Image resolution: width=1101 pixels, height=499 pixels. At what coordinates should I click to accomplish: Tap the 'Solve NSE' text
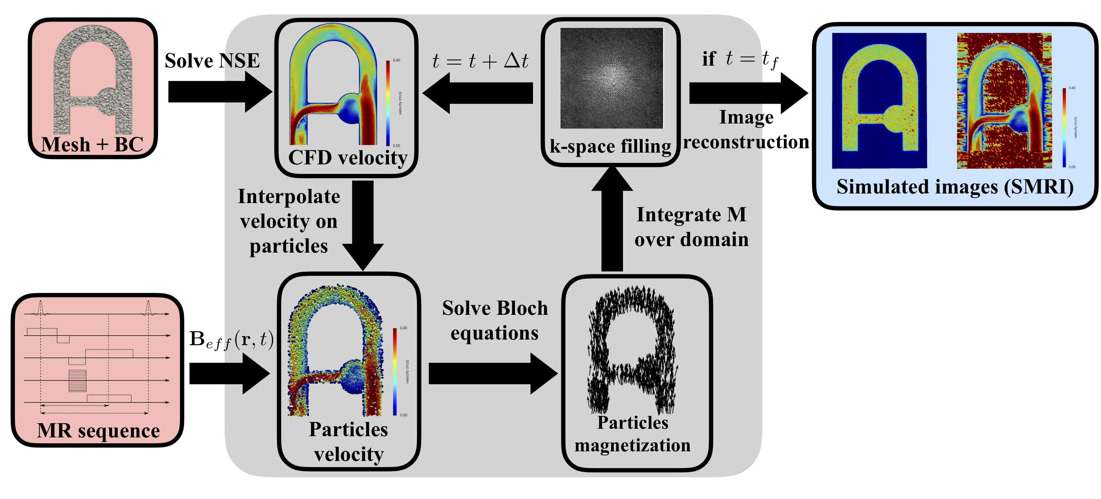click(212, 61)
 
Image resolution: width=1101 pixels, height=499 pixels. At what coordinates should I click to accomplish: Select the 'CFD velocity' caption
click(347, 158)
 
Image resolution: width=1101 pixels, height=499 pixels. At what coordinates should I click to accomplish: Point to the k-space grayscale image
click(611, 78)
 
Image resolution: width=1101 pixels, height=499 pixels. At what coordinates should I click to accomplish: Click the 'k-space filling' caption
click(610, 146)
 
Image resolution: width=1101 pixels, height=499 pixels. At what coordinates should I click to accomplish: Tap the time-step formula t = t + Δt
click(480, 61)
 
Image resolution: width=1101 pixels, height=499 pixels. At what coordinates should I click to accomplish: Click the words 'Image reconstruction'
click(746, 129)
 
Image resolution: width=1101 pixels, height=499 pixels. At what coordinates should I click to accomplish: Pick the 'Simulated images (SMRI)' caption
click(955, 187)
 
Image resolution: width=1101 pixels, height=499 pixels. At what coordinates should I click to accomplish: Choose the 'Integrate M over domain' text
click(691, 227)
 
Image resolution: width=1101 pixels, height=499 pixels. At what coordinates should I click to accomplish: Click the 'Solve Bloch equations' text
click(495, 320)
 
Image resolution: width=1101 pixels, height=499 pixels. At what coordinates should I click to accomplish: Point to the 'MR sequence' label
click(98, 431)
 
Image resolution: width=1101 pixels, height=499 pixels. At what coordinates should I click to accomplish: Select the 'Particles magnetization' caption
click(632, 434)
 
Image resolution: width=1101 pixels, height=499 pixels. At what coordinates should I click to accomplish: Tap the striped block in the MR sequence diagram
click(77, 381)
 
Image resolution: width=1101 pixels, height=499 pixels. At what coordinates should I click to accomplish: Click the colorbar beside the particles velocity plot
click(395, 371)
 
